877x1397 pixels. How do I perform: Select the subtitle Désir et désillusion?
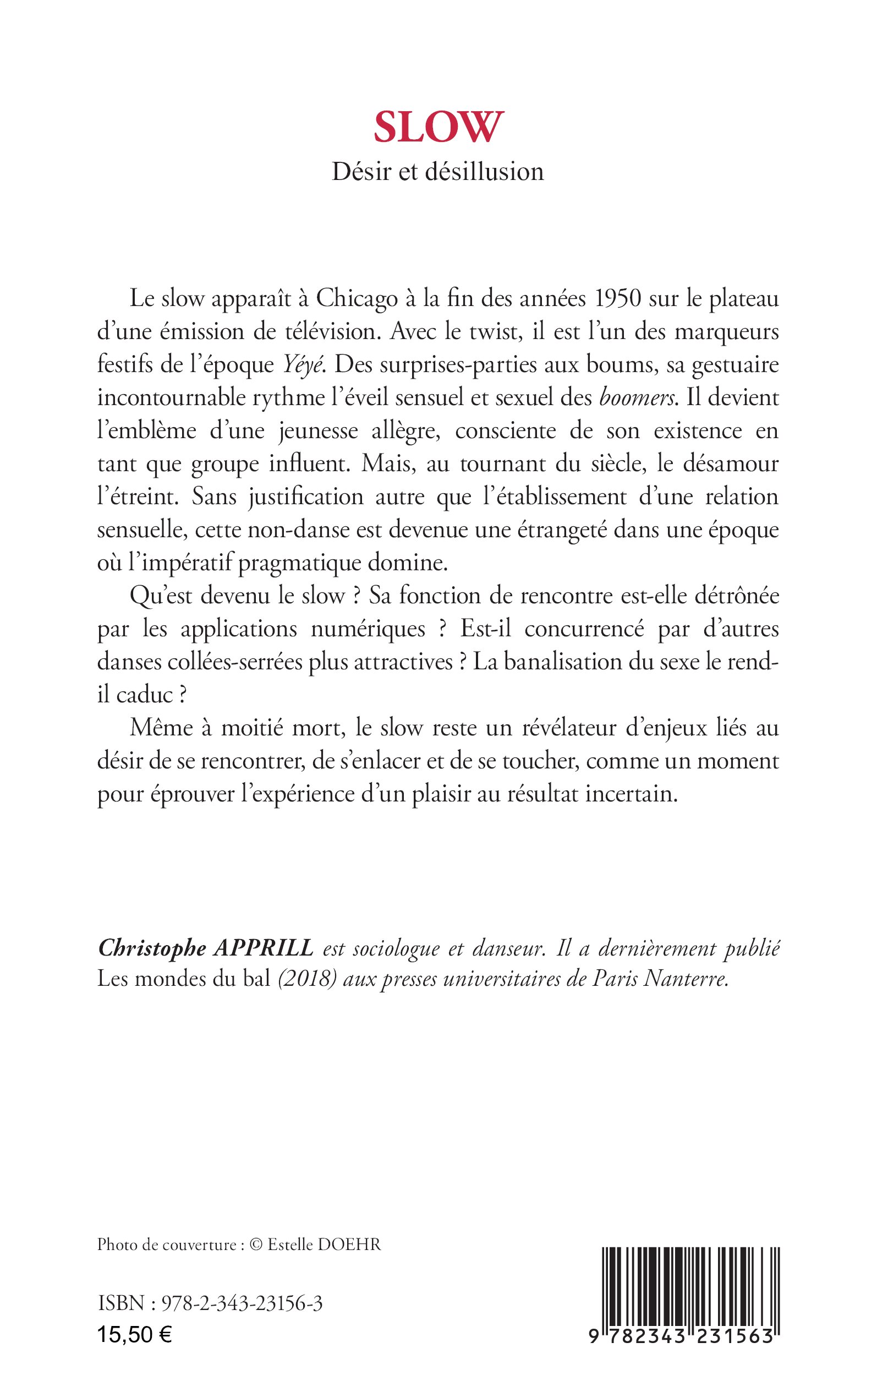[x=438, y=172]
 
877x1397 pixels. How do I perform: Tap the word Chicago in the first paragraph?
[x=357, y=299]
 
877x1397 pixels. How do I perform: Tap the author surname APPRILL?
[x=264, y=948]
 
